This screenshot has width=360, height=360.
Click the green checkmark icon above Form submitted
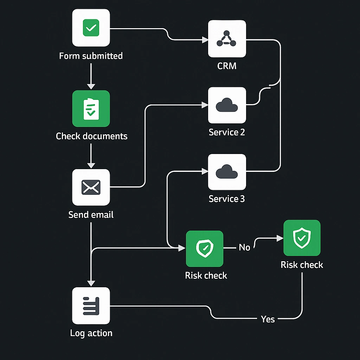91,28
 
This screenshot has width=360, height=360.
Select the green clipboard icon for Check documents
91,108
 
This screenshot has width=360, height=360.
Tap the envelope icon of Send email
91,187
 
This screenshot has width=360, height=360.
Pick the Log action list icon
91,306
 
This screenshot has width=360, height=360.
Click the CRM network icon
227,39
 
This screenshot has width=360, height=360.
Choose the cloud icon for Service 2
227,105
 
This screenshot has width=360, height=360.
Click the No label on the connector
244,247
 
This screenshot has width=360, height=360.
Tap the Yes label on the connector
268,319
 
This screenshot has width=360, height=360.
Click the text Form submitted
91,56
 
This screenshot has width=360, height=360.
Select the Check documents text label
91,136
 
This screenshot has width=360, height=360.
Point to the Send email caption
91,214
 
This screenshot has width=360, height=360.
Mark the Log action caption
91,333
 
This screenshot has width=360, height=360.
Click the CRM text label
227,66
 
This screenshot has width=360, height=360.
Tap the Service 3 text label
227,199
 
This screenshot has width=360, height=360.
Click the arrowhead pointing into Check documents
91,86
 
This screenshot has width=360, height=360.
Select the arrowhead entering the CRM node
205,40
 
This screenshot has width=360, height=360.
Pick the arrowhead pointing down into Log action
91,283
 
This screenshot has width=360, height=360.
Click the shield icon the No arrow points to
302,238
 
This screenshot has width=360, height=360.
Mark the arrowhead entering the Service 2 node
205,104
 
